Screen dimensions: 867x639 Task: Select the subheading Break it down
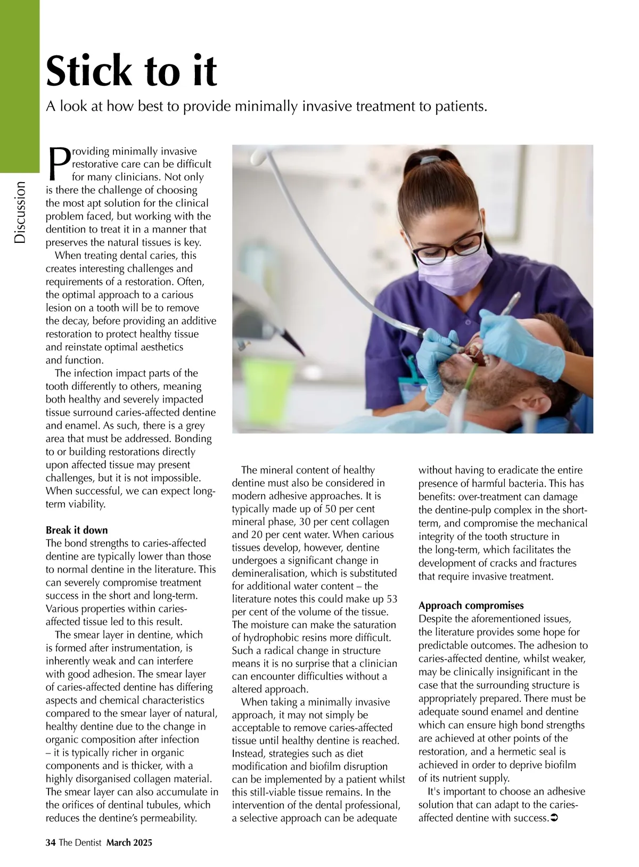click(x=77, y=530)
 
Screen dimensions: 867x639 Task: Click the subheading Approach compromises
click(x=471, y=606)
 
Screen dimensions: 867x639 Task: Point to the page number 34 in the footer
click(x=51, y=842)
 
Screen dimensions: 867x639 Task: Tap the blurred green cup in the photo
click(x=264, y=380)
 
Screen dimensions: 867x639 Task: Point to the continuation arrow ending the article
click(x=553, y=817)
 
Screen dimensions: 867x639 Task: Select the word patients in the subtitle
click(x=461, y=107)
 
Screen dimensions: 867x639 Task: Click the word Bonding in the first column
click(x=192, y=439)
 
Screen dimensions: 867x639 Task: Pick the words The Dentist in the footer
click(x=80, y=842)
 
